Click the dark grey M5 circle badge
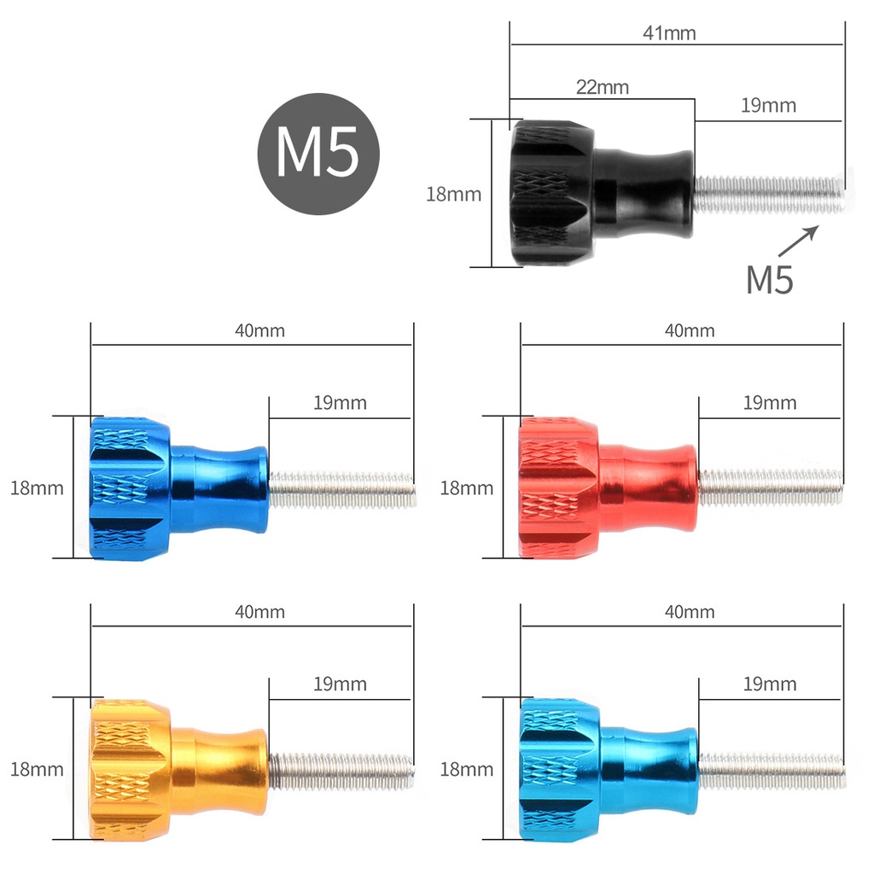pos(318,154)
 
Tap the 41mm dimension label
pos(669,33)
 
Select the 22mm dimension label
pos(603,87)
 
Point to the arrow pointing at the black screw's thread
pos(798,241)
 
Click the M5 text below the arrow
pos(770,280)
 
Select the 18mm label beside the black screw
pos(454,194)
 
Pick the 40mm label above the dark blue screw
pos(259,330)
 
